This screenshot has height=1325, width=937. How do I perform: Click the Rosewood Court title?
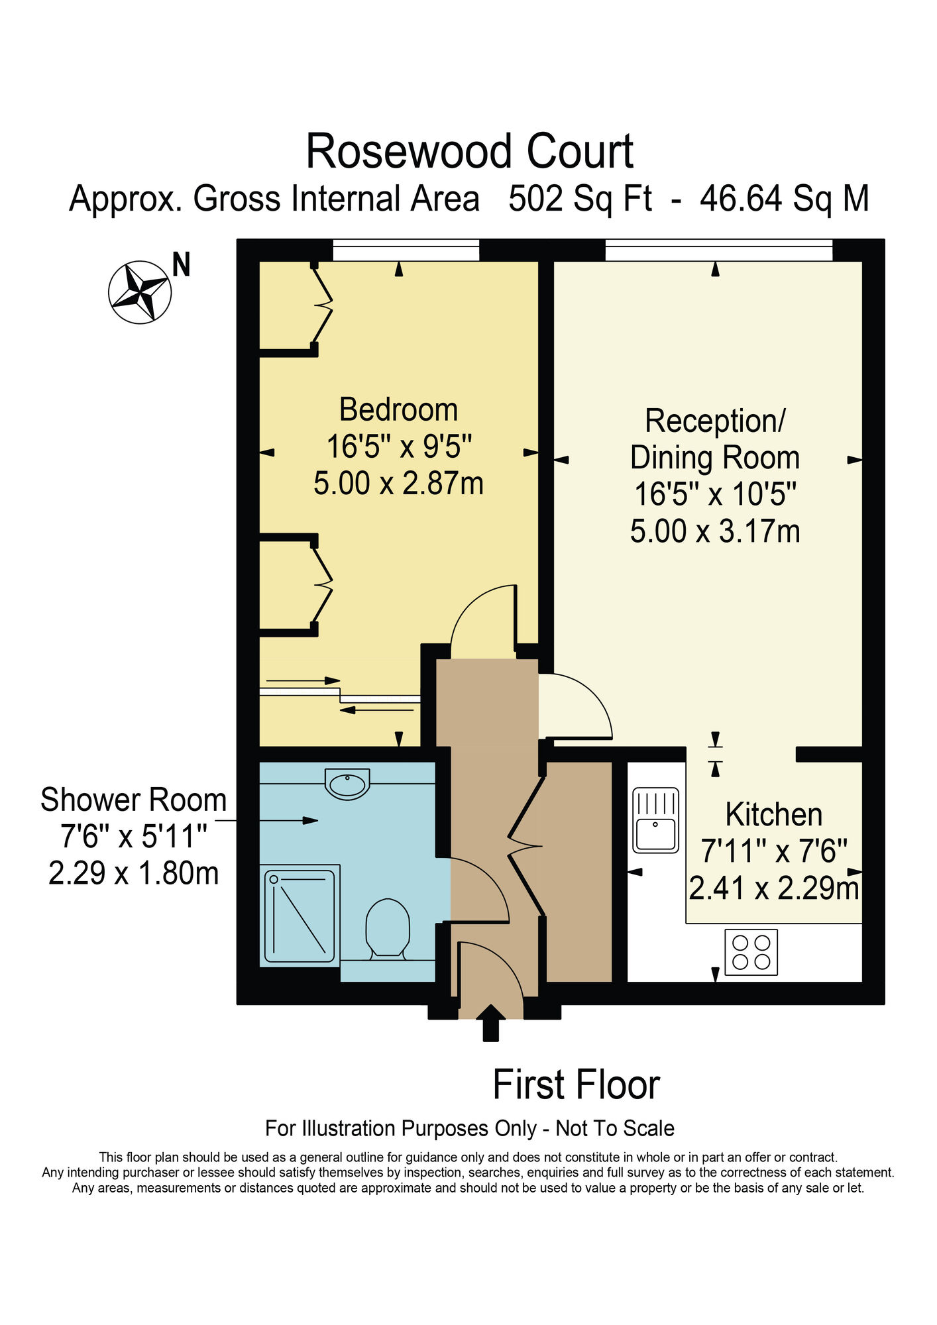(x=469, y=152)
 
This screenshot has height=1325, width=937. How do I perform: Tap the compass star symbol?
(x=140, y=292)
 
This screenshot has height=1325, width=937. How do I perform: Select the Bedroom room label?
(x=398, y=409)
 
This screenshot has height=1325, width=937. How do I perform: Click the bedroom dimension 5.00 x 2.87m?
(x=398, y=483)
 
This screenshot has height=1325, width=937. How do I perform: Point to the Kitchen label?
(x=773, y=814)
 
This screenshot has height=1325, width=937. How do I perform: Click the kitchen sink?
(x=655, y=820)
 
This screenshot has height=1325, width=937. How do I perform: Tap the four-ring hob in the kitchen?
(x=751, y=952)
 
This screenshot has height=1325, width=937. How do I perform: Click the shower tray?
(x=300, y=915)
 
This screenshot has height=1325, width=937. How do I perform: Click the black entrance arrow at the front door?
(x=490, y=1023)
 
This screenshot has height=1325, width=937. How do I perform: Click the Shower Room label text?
(x=133, y=800)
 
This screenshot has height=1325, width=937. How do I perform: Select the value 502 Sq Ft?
(x=580, y=199)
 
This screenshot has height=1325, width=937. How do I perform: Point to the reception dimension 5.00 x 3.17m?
(x=715, y=531)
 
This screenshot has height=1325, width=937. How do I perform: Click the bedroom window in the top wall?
(x=406, y=250)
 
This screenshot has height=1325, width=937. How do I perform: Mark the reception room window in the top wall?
(x=719, y=250)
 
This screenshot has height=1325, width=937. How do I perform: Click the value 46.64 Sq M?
(x=784, y=199)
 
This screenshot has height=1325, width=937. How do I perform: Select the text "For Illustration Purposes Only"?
(x=400, y=1128)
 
